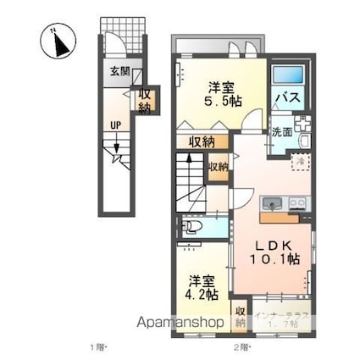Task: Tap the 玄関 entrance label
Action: (119, 72)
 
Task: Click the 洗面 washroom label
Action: (281, 132)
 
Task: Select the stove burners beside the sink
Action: (296, 203)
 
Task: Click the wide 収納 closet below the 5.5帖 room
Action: (202, 141)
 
